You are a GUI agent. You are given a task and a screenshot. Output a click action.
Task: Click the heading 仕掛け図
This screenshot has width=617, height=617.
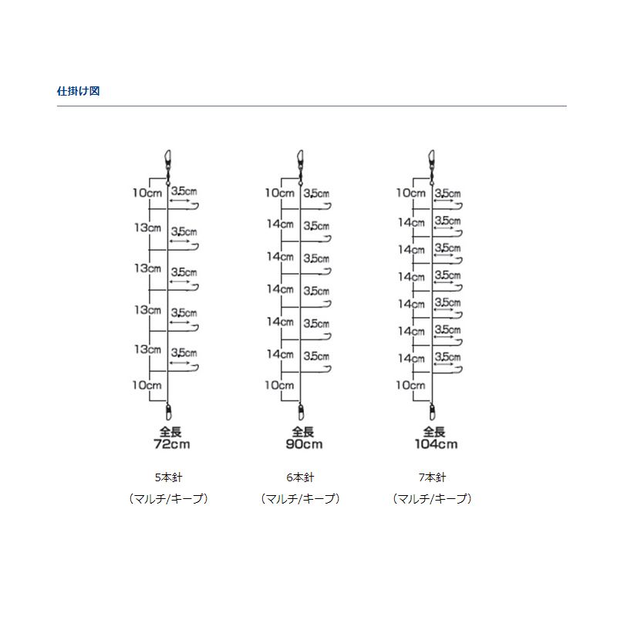click(x=79, y=91)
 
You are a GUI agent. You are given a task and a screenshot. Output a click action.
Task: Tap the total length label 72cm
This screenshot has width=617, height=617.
click(x=172, y=444)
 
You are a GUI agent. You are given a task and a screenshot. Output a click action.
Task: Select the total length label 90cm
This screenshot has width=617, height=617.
click(x=304, y=444)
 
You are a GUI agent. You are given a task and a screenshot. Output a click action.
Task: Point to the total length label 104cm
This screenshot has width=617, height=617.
click(x=436, y=444)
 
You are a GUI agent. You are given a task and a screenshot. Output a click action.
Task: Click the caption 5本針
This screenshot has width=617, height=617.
click(x=168, y=477)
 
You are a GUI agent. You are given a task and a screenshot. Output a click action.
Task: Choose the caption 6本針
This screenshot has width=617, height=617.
click(x=300, y=477)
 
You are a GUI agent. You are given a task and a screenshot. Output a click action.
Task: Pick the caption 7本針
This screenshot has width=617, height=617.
click(x=432, y=477)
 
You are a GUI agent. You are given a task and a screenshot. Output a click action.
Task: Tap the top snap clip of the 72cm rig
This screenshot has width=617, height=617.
click(x=168, y=161)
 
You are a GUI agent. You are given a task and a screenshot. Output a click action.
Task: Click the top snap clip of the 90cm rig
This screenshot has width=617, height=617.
click(x=300, y=161)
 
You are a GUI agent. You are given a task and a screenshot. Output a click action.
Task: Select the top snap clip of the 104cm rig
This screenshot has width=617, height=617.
click(x=432, y=161)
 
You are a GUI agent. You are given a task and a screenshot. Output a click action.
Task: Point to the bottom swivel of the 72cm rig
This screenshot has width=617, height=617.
click(x=168, y=412)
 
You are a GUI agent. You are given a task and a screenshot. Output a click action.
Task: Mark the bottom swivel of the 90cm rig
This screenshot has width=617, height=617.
click(x=301, y=412)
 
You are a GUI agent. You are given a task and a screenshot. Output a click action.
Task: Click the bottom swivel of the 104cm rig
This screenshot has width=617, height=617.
click(x=432, y=412)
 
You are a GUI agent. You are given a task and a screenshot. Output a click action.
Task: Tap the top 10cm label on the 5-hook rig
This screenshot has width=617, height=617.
click(x=147, y=193)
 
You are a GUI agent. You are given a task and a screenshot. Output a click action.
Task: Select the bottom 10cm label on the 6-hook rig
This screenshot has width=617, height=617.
click(x=279, y=385)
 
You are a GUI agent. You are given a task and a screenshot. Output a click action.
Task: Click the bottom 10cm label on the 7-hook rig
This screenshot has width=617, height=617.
click(x=411, y=385)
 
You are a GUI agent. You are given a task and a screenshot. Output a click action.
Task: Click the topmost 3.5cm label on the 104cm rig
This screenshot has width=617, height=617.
click(x=448, y=194)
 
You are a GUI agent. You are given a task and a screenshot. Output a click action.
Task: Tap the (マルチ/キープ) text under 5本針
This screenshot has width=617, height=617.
click(x=168, y=499)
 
